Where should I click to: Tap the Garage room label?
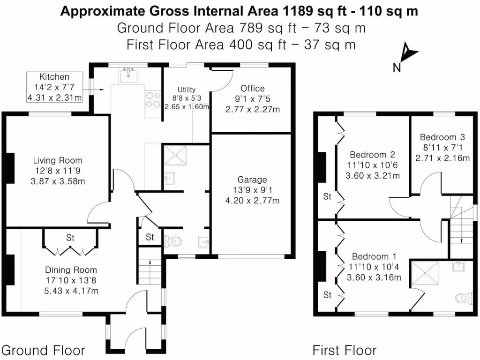click(252, 180)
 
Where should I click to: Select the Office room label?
click(252, 88)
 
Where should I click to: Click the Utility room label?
click(186, 90)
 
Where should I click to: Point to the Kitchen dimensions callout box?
click(54, 87)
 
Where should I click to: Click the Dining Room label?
click(71, 270)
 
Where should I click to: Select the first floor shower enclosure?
click(425, 275)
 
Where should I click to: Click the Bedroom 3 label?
click(442, 137)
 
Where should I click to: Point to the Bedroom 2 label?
click(372, 155)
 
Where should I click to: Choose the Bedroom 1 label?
click(374, 256)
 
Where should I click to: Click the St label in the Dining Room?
click(70, 238)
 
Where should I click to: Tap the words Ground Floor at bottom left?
click(43, 350)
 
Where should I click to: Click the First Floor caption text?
click(345, 350)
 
